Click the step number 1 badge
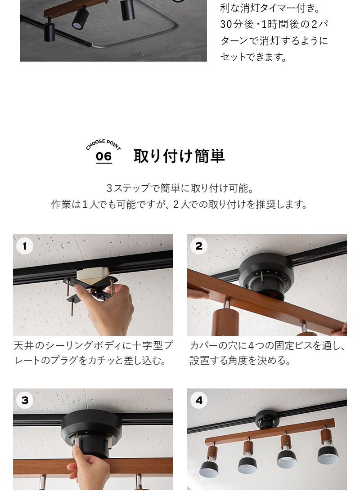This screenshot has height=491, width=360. click(x=25, y=246)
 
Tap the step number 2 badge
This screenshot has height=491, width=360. click(x=199, y=246)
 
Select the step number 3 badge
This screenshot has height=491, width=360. click(x=25, y=400)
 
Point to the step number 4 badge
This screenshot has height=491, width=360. click(x=199, y=400)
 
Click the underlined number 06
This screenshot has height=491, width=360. click(x=103, y=156)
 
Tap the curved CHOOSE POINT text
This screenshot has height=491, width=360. click(x=103, y=145)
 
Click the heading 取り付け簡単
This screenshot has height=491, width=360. click(x=179, y=156)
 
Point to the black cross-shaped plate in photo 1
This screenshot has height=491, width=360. click(x=90, y=288)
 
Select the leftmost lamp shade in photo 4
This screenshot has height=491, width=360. click(x=210, y=468)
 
